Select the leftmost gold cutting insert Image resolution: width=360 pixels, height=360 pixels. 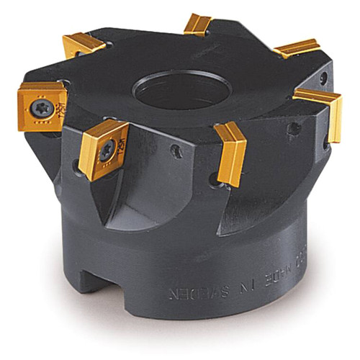pyautogui.click(x=42, y=106)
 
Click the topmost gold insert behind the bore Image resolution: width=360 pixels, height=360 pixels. pyautogui.click(x=197, y=24)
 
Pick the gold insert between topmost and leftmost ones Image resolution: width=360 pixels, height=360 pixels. pyautogui.click(x=83, y=45)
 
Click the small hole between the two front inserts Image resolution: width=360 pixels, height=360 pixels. pyautogui.click(x=176, y=150)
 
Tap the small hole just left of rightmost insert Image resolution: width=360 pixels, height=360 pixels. pyautogui.click(x=294, y=129)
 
